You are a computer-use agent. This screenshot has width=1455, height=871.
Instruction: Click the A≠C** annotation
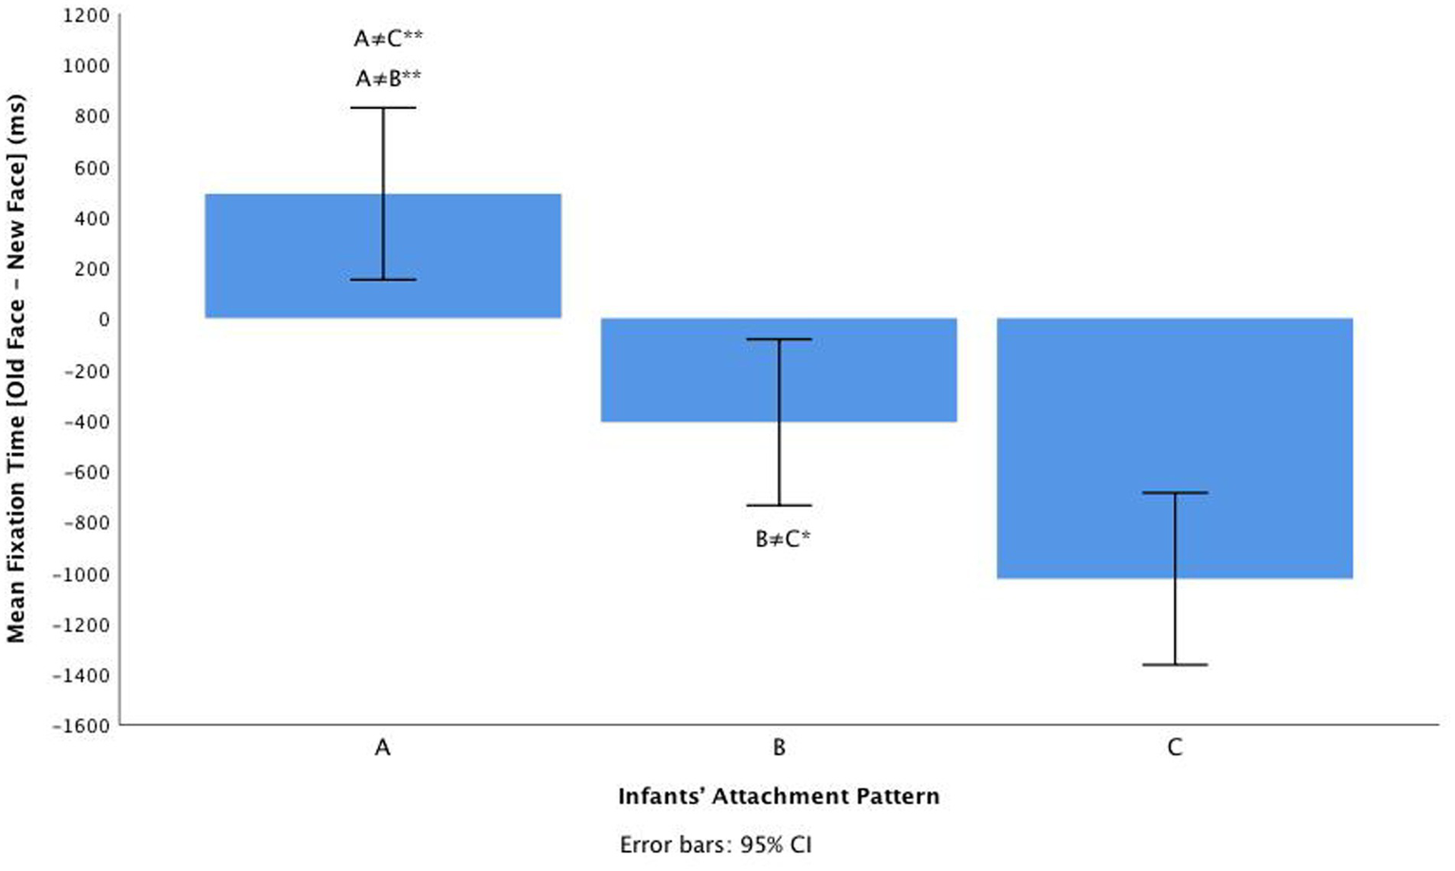click(389, 39)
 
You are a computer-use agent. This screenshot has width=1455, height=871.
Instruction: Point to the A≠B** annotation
click(389, 80)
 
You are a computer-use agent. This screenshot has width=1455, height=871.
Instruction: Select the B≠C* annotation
click(783, 540)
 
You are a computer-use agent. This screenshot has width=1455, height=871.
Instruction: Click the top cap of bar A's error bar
click(384, 108)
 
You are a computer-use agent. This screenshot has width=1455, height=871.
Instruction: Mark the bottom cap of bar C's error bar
click(1174, 664)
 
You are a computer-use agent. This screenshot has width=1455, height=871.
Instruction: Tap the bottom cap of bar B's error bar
click(779, 505)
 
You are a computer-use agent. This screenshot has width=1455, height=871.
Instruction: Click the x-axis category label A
click(383, 749)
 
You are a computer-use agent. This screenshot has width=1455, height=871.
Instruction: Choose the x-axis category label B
click(779, 749)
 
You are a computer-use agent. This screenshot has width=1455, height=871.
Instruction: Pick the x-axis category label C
click(1174, 749)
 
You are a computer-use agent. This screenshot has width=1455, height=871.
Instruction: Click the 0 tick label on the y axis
click(103, 320)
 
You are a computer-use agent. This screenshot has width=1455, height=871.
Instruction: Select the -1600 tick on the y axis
click(83, 727)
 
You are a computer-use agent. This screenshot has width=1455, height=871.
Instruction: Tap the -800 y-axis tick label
click(87, 523)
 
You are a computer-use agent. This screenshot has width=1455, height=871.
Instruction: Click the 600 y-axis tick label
click(93, 168)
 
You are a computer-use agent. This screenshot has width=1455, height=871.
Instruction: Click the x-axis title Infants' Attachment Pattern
click(778, 796)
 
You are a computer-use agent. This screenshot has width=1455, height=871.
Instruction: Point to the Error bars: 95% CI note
click(716, 845)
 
